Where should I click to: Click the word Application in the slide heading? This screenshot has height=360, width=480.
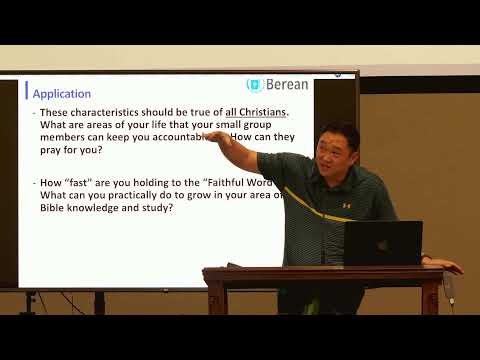click(x=62, y=94)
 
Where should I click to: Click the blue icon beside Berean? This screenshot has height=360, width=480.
click(x=255, y=86)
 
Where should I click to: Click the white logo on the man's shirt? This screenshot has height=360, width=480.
click(x=346, y=205)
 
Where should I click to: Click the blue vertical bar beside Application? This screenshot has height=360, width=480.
click(x=27, y=91)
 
